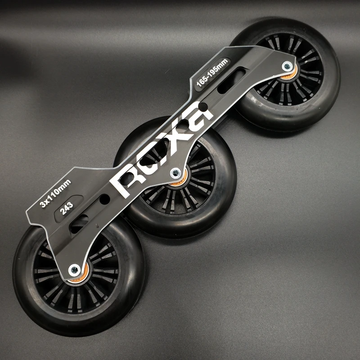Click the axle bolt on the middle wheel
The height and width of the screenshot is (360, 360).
pos(176,173)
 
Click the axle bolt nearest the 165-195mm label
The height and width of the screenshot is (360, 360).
pos(287,66)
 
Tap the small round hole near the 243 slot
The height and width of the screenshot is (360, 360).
pos(105,198)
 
